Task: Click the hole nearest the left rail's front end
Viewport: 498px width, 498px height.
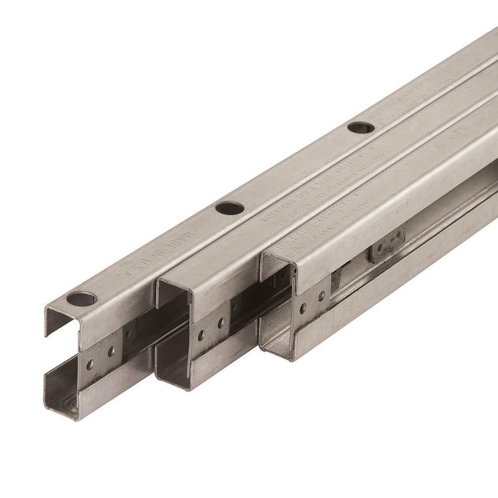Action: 82,299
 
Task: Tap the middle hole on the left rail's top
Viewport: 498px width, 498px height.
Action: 230,208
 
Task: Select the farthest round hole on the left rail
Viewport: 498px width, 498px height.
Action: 361,127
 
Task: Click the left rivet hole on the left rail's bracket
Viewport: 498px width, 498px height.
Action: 90,365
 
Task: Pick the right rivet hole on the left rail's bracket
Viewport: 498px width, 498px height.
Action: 111,352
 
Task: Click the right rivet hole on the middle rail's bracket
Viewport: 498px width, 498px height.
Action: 220,324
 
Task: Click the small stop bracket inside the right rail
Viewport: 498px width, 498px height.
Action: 387,244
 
